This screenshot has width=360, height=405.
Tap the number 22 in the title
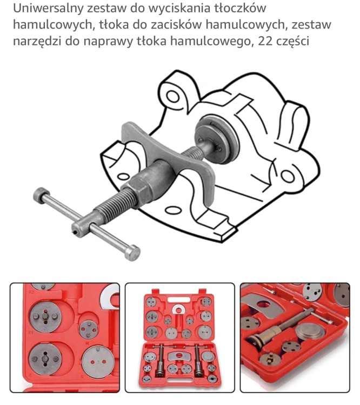(x=265, y=41)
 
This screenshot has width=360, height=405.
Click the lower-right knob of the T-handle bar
(x=132, y=252)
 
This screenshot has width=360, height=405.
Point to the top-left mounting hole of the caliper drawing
(x=172, y=96)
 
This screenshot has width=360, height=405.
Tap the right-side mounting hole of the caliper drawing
(x=288, y=176)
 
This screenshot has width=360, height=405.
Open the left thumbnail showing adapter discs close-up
(x=65, y=338)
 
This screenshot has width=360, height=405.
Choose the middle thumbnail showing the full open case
(x=180, y=338)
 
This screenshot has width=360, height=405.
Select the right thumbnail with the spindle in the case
(x=295, y=338)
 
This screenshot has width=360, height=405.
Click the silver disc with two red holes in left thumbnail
(x=98, y=362)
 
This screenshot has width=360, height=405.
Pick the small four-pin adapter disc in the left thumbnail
(x=89, y=329)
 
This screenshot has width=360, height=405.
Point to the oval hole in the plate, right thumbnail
(x=263, y=305)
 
